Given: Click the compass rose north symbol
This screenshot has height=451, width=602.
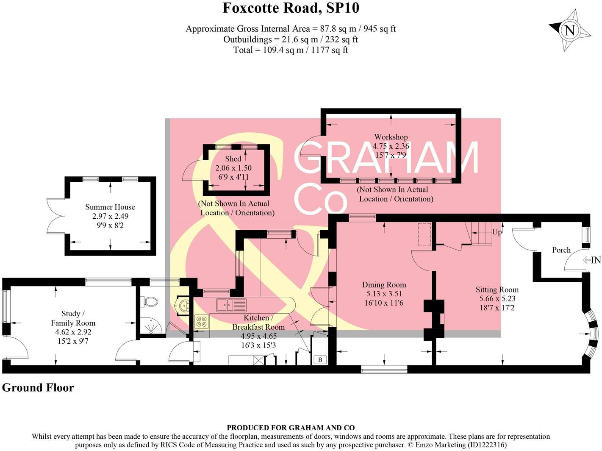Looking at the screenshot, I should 570,31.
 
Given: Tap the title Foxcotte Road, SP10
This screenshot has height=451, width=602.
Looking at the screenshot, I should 291,8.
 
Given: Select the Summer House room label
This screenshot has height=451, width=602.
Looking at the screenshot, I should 110,207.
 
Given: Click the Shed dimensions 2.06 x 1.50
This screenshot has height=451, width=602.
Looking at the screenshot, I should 233,168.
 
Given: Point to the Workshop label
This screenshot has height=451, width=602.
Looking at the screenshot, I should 391,137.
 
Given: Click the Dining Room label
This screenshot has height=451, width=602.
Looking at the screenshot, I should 384,285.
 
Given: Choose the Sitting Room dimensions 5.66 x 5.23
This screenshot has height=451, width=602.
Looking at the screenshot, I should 497,298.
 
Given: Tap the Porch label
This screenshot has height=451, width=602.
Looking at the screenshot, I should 561,250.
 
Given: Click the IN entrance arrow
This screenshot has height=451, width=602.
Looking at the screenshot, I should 592,260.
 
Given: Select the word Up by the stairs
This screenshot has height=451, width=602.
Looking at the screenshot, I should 497,232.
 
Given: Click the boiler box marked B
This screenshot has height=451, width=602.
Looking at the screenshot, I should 320,360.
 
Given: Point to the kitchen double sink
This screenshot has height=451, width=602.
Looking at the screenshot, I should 231,305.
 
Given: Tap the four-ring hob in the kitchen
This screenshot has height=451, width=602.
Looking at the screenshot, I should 201,321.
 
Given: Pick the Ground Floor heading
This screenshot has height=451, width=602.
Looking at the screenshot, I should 38,388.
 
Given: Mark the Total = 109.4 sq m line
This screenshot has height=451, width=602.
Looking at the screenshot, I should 291,50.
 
